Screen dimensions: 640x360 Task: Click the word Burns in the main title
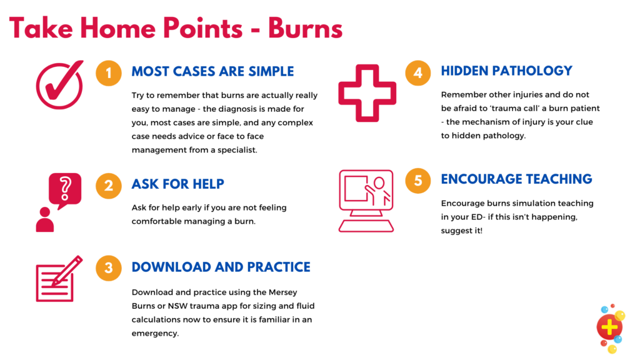click(x=305, y=28)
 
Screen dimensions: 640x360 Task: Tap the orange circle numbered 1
click(x=109, y=73)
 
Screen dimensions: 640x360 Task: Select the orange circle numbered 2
click(x=109, y=186)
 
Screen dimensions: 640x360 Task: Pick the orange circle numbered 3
click(x=109, y=267)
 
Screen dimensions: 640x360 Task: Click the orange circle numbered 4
click(x=418, y=73)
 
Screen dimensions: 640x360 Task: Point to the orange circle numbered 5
click(x=418, y=181)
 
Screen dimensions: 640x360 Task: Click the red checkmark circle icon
click(x=59, y=85)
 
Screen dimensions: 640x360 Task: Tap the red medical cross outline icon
click(x=367, y=93)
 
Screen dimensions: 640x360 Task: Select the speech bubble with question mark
click(x=65, y=190)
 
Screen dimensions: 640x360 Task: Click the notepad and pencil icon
click(x=59, y=279)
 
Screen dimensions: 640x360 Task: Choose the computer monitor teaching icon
click(x=366, y=201)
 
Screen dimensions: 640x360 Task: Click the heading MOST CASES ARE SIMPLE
click(x=212, y=71)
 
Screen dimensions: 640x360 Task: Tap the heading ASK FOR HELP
click(x=178, y=184)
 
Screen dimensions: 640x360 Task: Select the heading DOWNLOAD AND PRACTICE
click(x=221, y=267)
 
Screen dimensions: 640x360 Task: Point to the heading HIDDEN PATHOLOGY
click(x=506, y=71)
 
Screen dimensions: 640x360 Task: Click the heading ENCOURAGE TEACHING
click(x=516, y=179)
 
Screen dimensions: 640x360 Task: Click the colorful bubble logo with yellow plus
click(x=611, y=327)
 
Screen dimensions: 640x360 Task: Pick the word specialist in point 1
click(x=237, y=150)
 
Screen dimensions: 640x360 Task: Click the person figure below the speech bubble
click(x=45, y=219)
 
